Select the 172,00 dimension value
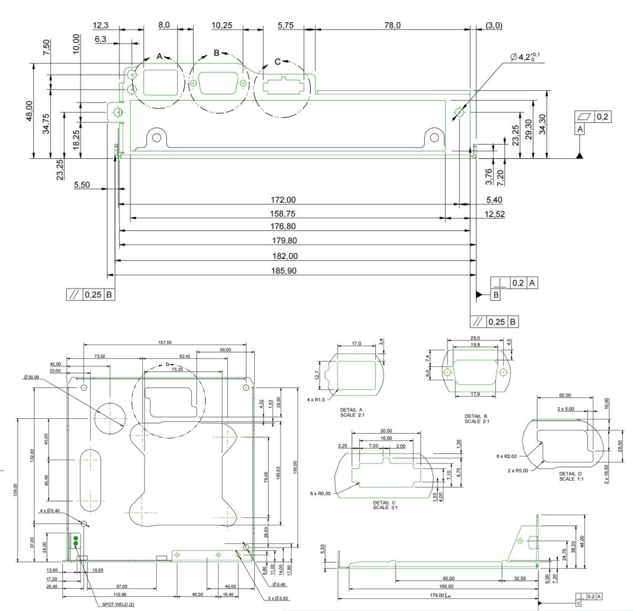tap(284, 200)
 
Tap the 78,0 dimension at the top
tap(393, 25)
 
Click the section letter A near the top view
tap(159, 56)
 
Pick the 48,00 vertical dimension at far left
tap(30, 111)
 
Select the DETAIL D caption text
tap(571, 476)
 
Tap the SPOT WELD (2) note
tap(118, 604)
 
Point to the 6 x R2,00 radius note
tap(506, 455)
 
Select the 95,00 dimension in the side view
tap(448, 578)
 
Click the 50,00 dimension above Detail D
tap(565, 395)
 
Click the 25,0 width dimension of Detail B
tap(475, 338)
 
